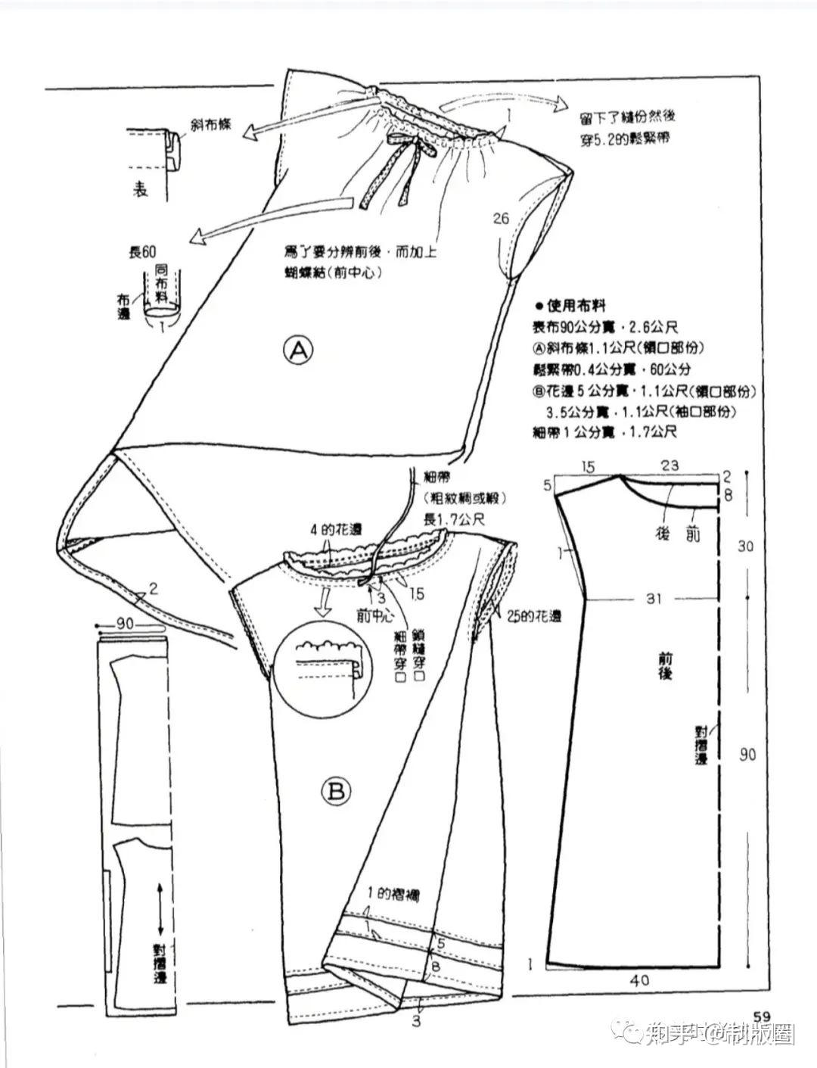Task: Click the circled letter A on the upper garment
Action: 298,350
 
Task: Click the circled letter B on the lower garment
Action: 337,792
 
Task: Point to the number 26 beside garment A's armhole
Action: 500,219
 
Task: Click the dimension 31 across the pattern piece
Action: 654,599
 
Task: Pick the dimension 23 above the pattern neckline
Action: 669,465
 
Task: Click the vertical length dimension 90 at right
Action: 747,755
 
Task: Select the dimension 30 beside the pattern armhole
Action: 746,546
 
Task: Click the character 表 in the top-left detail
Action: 141,189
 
